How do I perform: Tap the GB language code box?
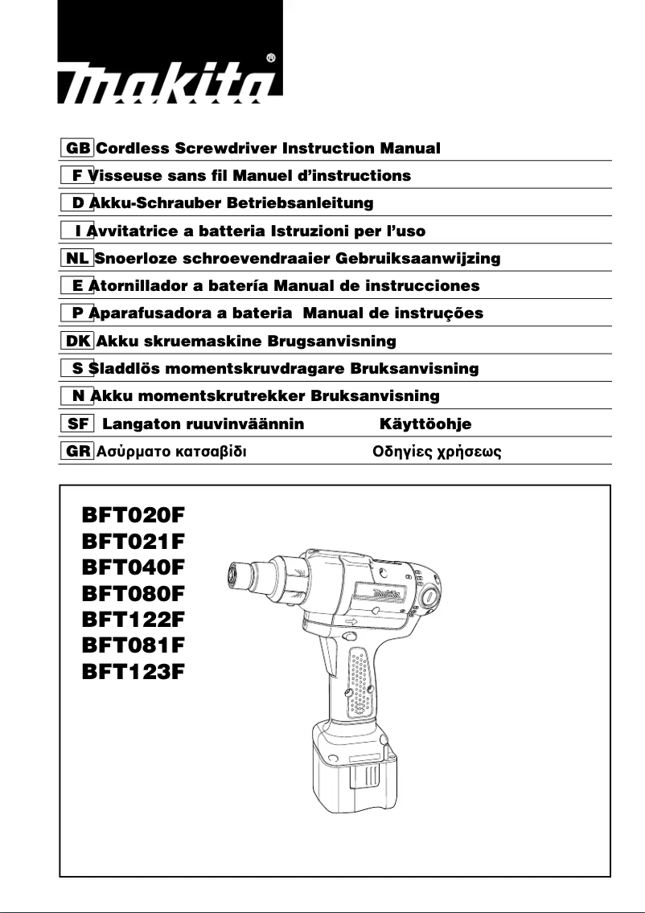tap(78, 149)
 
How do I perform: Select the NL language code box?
tap(78, 258)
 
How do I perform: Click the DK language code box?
tap(78, 341)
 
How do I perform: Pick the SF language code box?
tap(78, 424)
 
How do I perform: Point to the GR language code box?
tap(78, 451)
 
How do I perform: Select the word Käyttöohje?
tap(425, 424)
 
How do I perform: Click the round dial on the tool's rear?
tap(427, 596)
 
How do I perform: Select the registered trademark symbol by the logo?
tap(271, 59)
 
